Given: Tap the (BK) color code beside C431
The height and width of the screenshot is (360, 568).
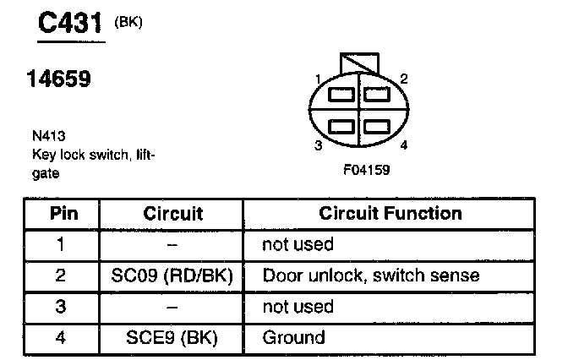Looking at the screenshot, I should coord(128,23).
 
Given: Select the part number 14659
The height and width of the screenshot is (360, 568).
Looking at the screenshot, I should coord(59,81).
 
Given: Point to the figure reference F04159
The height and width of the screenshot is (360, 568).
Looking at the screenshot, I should coord(366,170).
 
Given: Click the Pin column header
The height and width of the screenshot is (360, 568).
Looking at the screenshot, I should coord(64,213).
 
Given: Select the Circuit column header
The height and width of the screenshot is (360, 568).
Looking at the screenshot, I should coord(172,213).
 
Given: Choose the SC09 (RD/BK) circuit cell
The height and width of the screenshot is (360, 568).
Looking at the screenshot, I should coord(172,275).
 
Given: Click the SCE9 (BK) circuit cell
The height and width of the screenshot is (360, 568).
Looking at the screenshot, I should coord(172,338).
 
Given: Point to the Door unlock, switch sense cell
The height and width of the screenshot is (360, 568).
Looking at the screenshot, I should coord(371,275).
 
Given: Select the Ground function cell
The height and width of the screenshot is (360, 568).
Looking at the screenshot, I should coord(294,338).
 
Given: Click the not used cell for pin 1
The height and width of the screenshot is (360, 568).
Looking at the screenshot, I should coord(298,244).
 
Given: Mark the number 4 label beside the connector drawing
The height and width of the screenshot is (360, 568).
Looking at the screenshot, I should coord(404,145).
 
